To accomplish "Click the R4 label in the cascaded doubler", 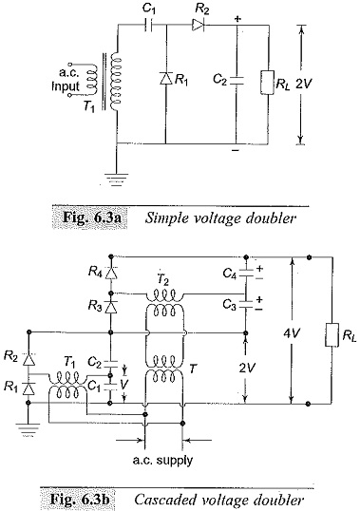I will [96, 272].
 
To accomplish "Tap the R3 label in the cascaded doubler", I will [96, 308].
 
